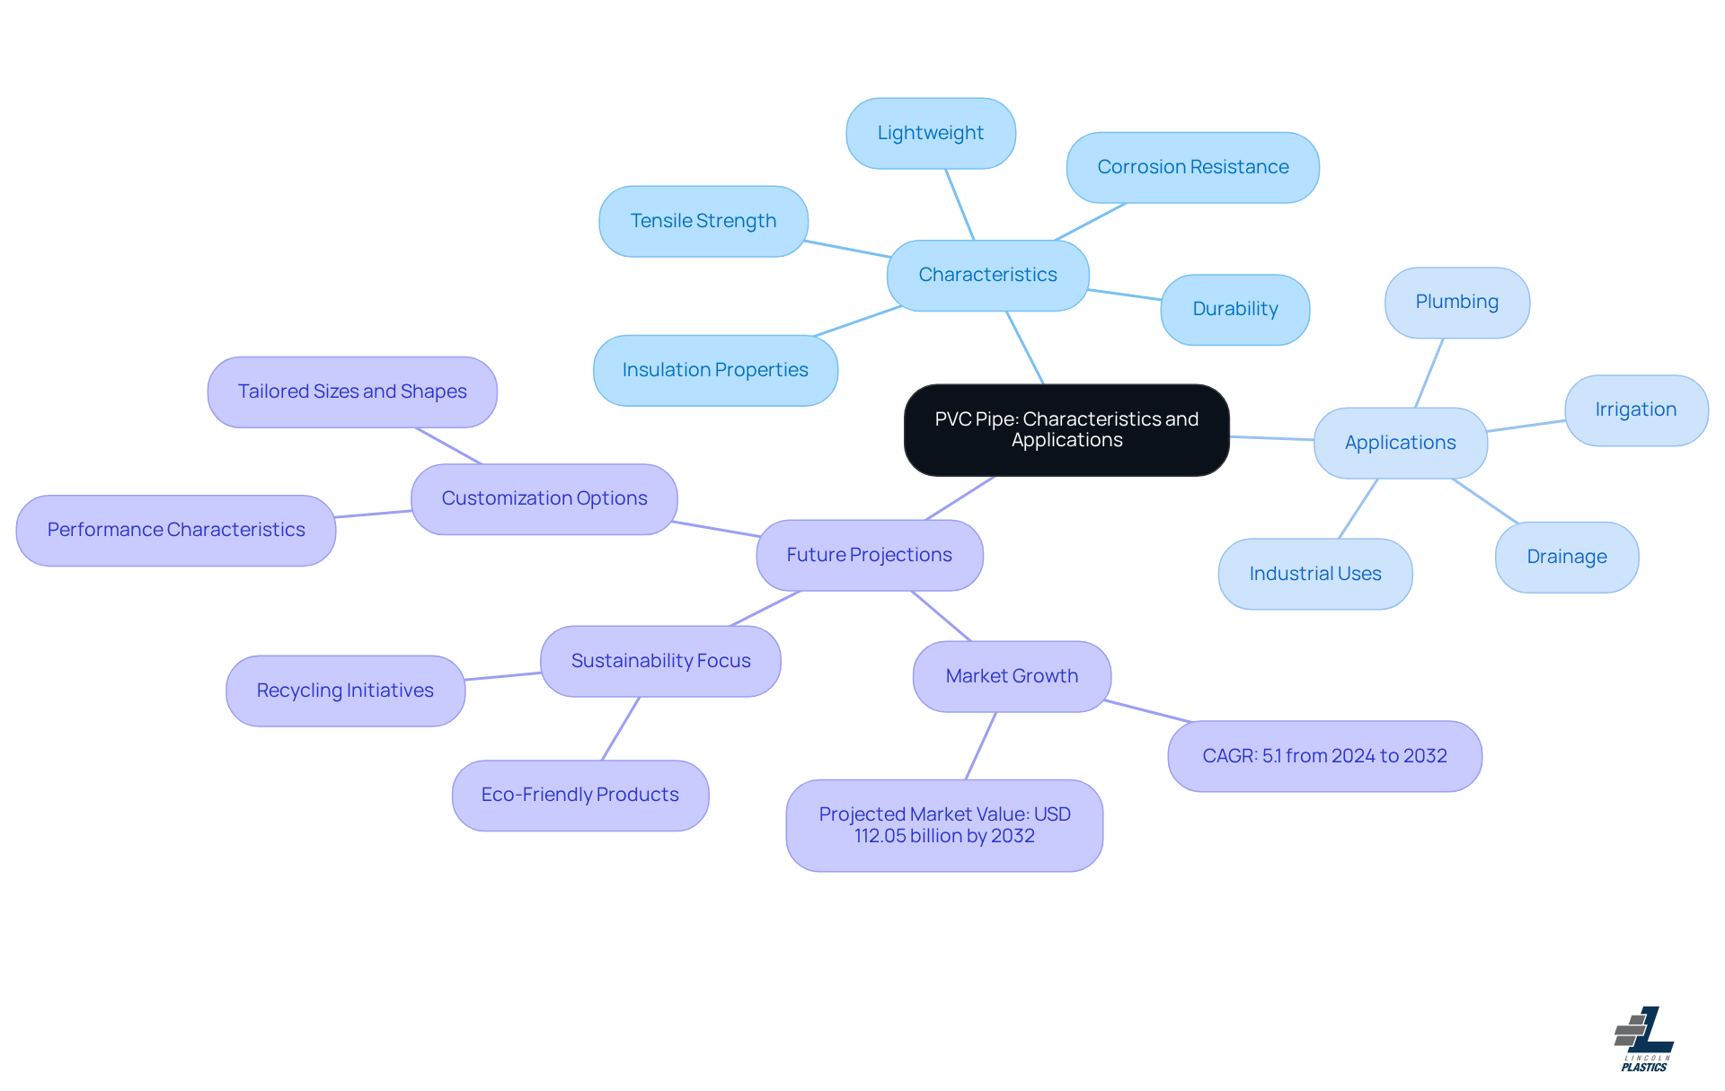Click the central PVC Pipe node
tap(1066, 430)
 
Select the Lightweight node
tap(931, 133)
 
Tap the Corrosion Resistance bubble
tap(1192, 167)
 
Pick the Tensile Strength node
tap(703, 221)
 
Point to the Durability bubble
tap(1234, 309)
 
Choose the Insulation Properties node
tap(715, 370)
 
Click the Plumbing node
tap(1456, 302)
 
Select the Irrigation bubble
tap(1635, 409)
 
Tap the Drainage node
tap(1566, 557)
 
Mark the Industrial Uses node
tap(1314, 574)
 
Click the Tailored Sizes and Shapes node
tap(352, 392)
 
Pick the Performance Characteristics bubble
tap(176, 530)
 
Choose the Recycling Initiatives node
tap(345, 691)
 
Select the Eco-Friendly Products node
tap(580, 795)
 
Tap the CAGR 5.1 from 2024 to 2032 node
tap(1324, 756)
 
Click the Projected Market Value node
tap(944, 825)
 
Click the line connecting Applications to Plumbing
tap(1429, 373)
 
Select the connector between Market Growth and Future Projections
tap(941, 616)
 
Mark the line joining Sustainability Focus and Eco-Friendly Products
tap(620, 728)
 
